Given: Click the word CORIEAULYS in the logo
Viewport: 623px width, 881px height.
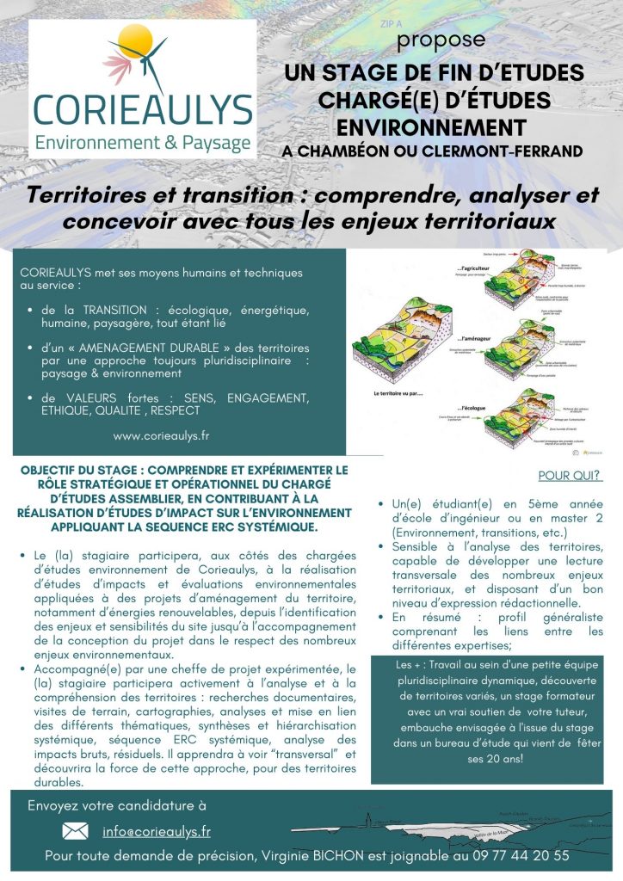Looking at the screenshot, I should pos(142,109).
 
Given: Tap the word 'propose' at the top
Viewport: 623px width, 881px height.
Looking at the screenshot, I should pos(441,40).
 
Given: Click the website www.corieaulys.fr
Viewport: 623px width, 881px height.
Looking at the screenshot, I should pos(161,435).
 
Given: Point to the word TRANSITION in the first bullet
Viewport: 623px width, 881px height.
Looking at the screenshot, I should pos(115,309).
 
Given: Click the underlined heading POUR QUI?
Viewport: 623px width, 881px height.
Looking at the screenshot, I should pos(569,475).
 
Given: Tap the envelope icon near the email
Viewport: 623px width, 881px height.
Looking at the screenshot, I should pos(76,831).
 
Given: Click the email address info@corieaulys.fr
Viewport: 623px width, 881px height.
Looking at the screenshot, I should pos(157,831).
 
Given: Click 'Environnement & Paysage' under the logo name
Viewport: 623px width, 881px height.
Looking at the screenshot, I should pos(143,141).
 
